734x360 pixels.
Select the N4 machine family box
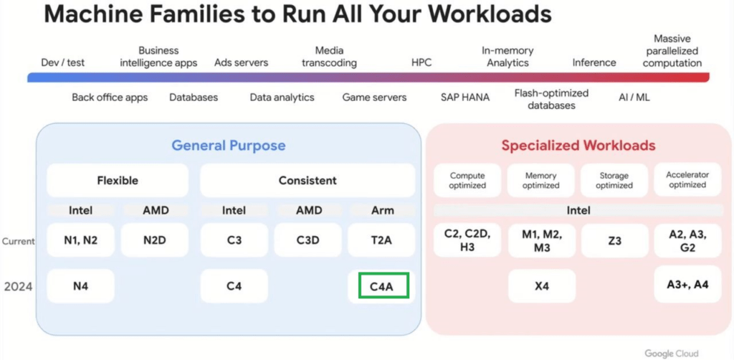(80, 285)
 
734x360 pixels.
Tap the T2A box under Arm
(381, 240)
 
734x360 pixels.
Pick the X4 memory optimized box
(542, 285)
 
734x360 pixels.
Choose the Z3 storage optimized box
(614, 240)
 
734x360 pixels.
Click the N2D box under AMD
(155, 240)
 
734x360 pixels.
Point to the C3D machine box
(308, 240)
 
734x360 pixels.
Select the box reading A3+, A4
(687, 284)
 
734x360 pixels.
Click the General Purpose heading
(229, 145)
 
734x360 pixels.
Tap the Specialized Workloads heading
(578, 145)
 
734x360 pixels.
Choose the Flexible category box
(118, 180)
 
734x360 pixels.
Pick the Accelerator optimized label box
(687, 180)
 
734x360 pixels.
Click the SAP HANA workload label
(464, 98)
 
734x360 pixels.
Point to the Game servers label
(374, 98)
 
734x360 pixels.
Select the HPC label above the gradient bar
(421, 62)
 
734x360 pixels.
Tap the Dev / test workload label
(63, 62)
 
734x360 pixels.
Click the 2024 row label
(18, 286)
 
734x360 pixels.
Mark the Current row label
(18, 241)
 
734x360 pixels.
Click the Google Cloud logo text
(671, 353)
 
